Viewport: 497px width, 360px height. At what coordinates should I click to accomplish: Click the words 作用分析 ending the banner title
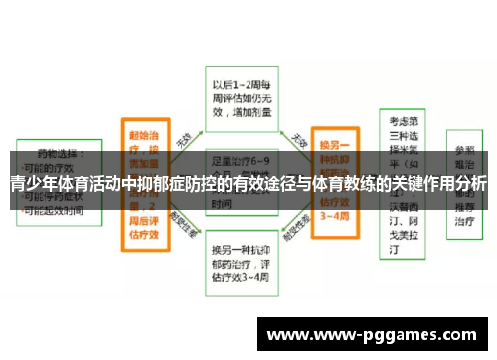pos(461,184)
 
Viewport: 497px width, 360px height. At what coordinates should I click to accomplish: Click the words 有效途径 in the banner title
pos(265,184)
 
